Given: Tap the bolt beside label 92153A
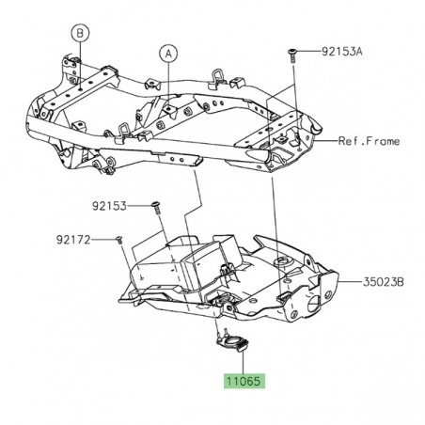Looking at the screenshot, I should [294, 54].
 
